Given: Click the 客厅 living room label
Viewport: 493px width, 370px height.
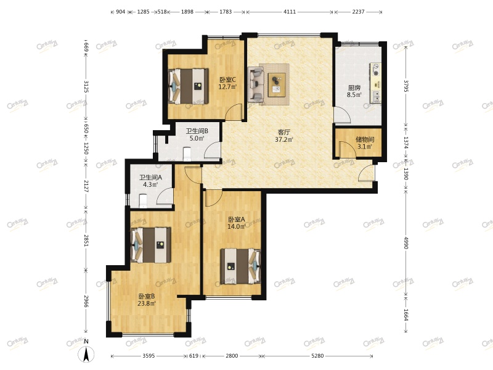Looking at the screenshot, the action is (283, 132).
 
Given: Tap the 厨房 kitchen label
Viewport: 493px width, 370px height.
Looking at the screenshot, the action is (354, 88).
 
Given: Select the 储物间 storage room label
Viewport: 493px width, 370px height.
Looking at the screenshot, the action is (365, 139).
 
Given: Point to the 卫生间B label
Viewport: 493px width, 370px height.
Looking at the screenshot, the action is (197, 131).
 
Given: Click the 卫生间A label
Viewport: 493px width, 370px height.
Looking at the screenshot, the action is (150, 178).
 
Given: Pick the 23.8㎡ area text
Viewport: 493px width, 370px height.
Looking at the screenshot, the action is (147, 303).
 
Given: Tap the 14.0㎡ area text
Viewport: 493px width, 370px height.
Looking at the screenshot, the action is (237, 226).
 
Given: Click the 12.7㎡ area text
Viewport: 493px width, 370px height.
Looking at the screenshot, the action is (227, 86).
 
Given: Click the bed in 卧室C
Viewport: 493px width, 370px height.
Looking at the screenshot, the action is (189, 86).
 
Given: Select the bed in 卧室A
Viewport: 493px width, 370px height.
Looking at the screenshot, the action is (240, 266).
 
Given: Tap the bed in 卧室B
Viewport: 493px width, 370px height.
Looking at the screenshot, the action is (151, 245).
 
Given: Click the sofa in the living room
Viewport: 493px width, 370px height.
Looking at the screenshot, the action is (256, 84).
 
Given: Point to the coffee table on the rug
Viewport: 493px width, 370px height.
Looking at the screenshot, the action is (277, 85).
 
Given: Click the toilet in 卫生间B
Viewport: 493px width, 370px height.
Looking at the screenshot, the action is (187, 154).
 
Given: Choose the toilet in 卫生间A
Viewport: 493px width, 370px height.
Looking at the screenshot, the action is (143, 201).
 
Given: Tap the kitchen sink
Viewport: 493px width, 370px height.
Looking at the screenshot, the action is (375, 97).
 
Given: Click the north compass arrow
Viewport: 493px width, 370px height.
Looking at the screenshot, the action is (86, 354).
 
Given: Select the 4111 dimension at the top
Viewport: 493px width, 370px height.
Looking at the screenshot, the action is (290, 12).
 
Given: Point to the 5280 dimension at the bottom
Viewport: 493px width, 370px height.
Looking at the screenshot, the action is (317, 356).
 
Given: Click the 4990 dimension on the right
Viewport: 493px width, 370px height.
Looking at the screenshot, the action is (405, 243).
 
